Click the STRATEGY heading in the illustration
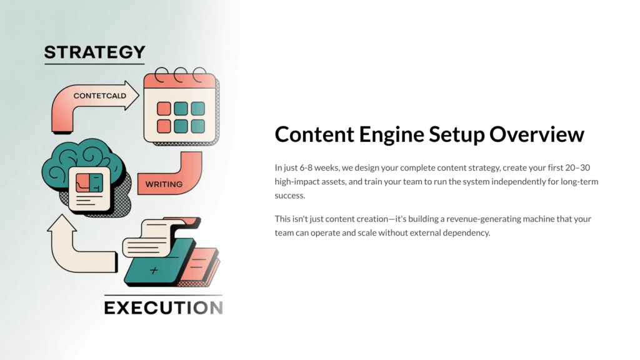coord(95,52)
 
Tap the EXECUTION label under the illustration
coord(164,307)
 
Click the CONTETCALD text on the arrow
coord(99,96)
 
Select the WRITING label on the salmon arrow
coord(164,184)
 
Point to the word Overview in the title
coord(537,134)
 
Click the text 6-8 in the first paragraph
coord(306,167)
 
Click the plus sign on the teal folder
coord(154,270)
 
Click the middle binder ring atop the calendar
coord(181,75)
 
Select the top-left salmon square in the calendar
coord(164,109)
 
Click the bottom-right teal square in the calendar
coord(197,126)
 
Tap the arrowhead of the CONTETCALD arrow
coord(132,95)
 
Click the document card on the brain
coord(89,189)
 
